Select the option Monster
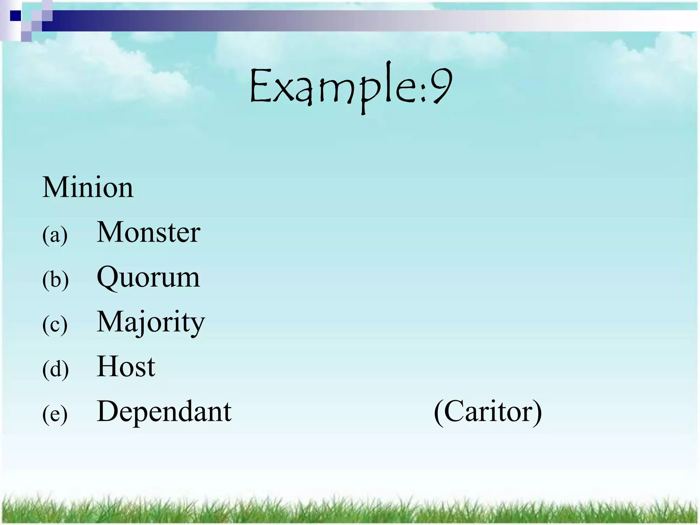[148, 232]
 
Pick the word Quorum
[148, 278]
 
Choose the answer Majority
[151, 322]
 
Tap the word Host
[126, 366]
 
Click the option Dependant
[164, 411]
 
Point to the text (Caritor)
[488, 412]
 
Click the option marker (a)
[55, 235]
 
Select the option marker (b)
[55, 280]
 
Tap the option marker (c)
[55, 324]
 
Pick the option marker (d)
[55, 369]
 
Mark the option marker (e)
[55, 414]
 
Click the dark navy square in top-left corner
[15, 16]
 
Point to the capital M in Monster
[109, 232]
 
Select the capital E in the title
[260, 86]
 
